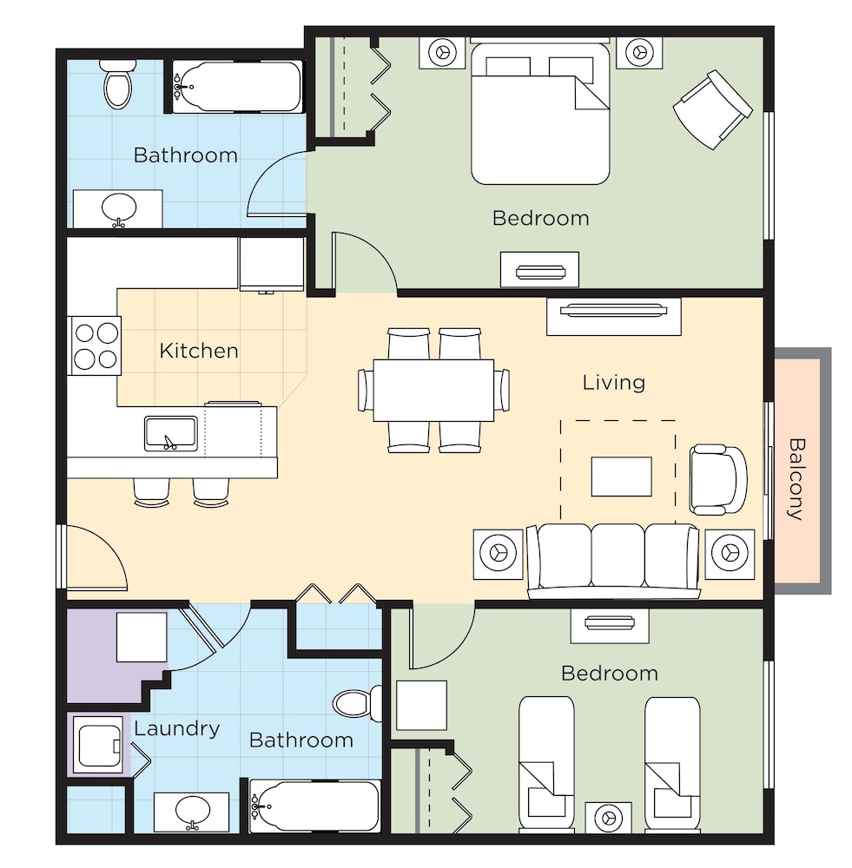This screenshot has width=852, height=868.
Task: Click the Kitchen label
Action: click(199, 351)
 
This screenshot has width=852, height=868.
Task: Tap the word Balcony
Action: click(796, 479)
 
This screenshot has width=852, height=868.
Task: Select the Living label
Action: click(614, 383)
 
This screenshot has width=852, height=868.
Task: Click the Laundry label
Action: click(176, 728)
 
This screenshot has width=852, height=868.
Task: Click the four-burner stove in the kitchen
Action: click(95, 345)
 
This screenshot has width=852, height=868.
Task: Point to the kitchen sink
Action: click(171, 433)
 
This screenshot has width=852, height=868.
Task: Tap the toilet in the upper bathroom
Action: click(117, 84)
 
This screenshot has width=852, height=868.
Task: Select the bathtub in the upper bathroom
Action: click(238, 87)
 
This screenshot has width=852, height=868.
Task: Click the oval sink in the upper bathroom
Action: click(118, 209)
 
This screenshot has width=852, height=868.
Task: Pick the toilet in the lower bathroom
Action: click(357, 704)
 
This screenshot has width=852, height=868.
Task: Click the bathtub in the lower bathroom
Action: click(314, 806)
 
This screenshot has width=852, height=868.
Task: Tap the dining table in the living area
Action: click(433, 391)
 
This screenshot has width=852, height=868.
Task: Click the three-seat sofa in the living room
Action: click(612, 561)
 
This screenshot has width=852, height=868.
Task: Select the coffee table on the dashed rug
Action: click(621, 476)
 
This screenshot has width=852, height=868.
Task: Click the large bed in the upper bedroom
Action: click(540, 114)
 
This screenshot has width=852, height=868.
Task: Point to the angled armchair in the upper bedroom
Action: click(713, 109)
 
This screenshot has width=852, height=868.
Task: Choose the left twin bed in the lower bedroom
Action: click(546, 764)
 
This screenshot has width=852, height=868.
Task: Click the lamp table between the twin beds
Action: click(608, 817)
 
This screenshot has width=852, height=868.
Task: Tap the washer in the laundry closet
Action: click(99, 745)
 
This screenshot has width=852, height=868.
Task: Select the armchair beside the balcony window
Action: click(718, 479)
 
